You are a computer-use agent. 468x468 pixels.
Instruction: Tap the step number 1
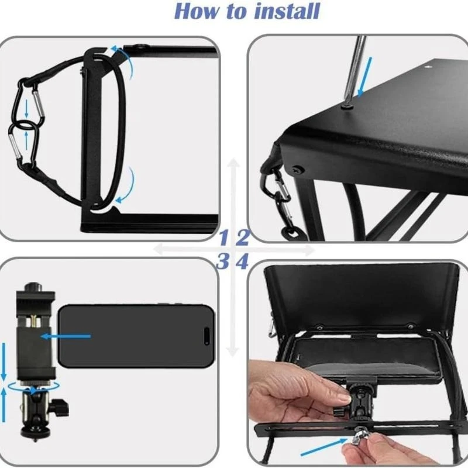click(223, 238)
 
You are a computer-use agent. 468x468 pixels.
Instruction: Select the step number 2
click(243, 238)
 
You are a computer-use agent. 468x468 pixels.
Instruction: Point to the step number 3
click(223, 261)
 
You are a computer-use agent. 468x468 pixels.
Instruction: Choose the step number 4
click(243, 261)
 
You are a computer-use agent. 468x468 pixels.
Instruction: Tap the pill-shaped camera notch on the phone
click(205, 336)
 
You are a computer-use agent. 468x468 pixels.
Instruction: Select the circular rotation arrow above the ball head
click(32, 388)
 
